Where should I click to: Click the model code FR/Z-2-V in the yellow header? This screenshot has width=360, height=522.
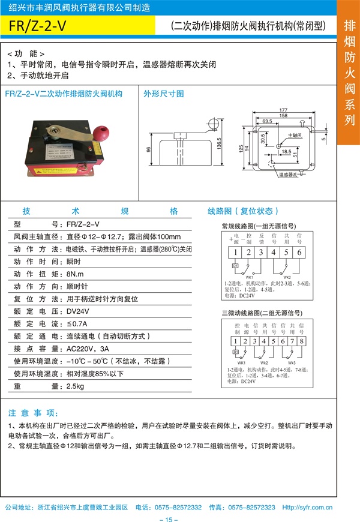point(38,26)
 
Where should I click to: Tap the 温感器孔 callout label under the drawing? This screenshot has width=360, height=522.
point(288,175)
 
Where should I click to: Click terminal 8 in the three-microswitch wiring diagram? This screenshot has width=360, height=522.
point(301,341)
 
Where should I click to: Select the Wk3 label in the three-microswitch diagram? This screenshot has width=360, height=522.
point(292,363)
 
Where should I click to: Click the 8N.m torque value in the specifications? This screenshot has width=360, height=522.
point(76,273)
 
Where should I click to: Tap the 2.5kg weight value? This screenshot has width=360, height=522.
point(77,386)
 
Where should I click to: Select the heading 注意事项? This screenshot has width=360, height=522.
point(34,413)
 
